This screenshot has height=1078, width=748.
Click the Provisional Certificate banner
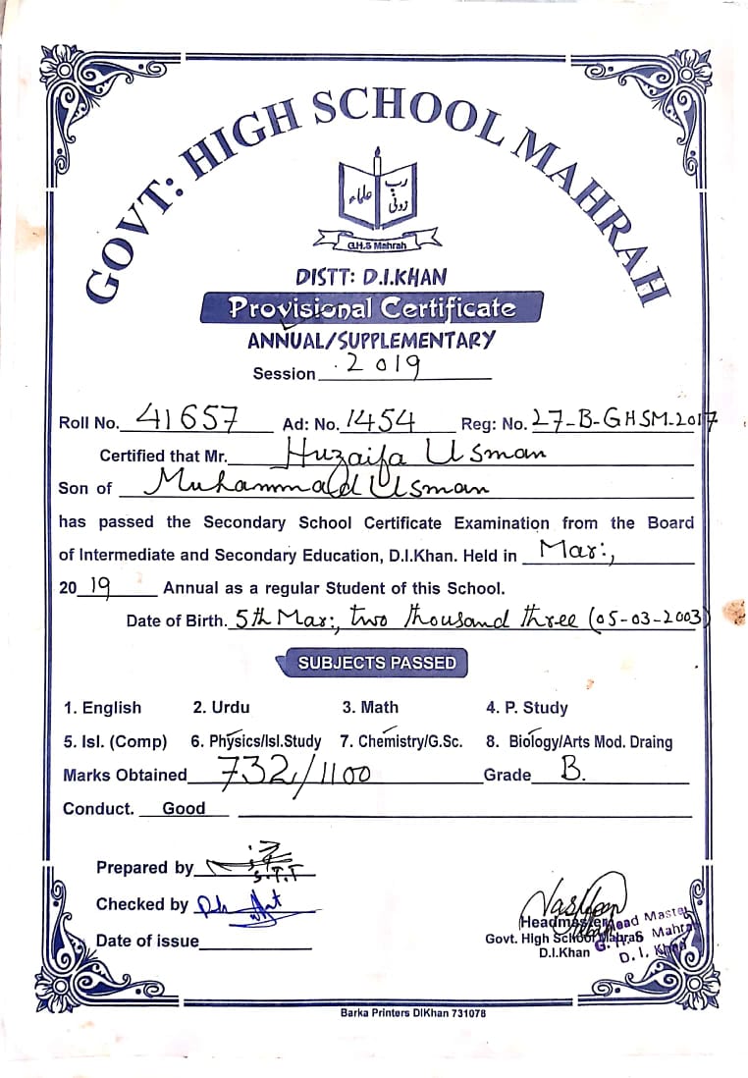[x=371, y=308]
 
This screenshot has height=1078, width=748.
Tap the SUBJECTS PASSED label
[x=377, y=663]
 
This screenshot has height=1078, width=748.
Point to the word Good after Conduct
[x=184, y=809]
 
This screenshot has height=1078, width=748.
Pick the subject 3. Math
[x=370, y=707]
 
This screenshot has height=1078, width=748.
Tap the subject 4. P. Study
[x=526, y=708]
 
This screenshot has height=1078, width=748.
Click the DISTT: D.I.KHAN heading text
[x=371, y=277]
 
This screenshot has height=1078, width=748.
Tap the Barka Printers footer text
[x=412, y=1012]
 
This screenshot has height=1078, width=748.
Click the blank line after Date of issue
[x=256, y=942]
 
